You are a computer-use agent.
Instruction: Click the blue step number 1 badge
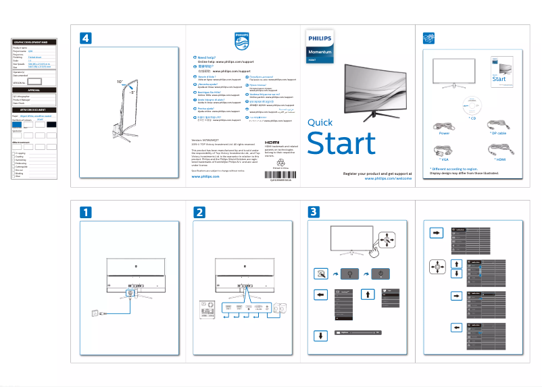86,212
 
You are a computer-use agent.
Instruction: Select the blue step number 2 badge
199,212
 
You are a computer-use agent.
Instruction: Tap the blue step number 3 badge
314,212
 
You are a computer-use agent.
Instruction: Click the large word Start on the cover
341,144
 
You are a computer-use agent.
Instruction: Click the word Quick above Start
320,123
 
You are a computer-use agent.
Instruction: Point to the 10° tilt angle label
120,82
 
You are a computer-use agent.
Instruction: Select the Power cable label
444,134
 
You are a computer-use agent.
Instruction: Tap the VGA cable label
444,160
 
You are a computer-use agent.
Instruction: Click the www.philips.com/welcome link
383,180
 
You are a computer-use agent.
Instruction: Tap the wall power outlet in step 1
93,313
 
